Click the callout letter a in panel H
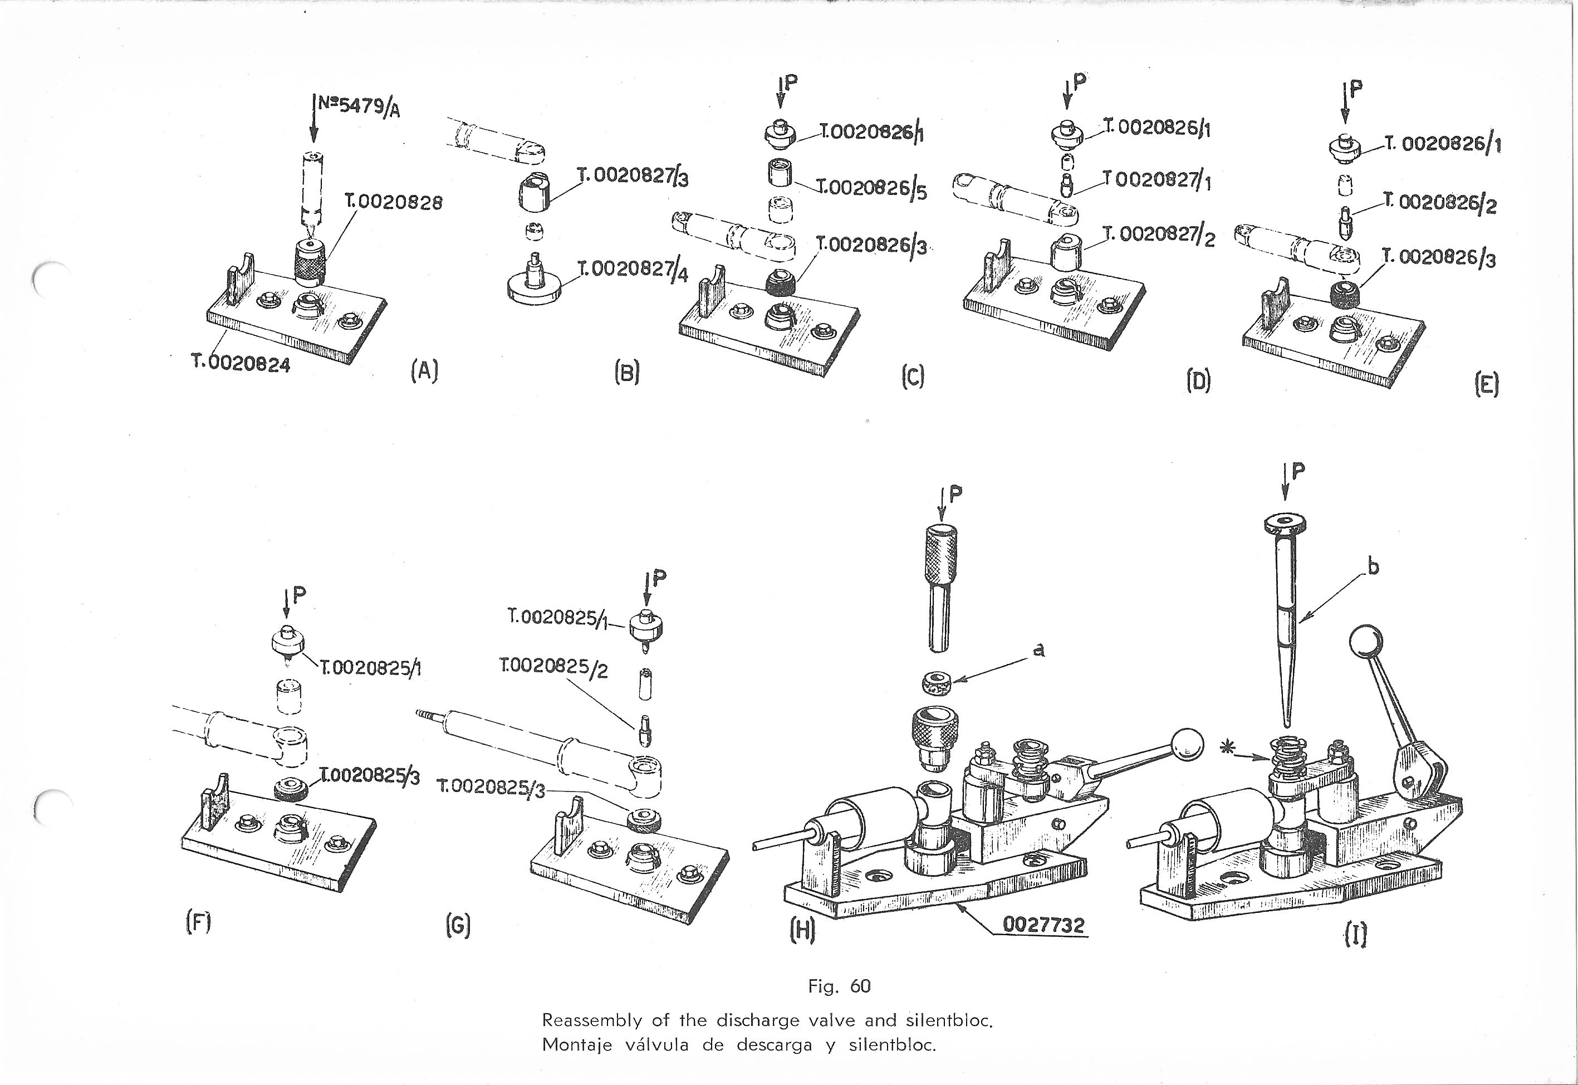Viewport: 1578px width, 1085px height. (x=1038, y=651)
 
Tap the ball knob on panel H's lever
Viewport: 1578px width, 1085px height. (x=1187, y=743)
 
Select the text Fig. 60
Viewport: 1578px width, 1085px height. (x=839, y=986)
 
